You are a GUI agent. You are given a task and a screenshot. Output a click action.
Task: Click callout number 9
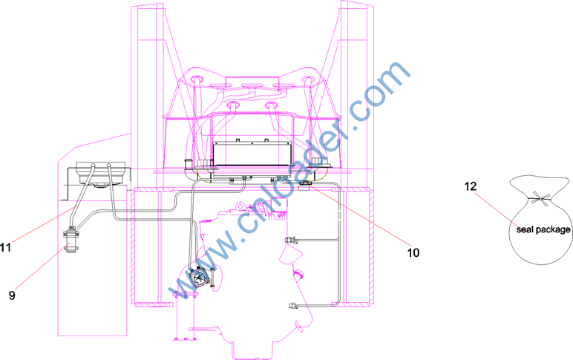click(12, 295)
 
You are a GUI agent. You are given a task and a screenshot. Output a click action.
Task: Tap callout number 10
click(413, 253)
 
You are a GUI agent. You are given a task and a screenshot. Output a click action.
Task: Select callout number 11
click(5, 248)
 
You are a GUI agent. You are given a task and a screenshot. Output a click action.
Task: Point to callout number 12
click(471, 186)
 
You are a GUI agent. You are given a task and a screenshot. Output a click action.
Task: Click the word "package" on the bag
click(553, 230)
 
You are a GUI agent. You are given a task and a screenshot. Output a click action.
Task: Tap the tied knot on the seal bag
click(540, 199)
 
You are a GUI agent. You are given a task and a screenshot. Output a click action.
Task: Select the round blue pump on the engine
click(199, 278)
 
